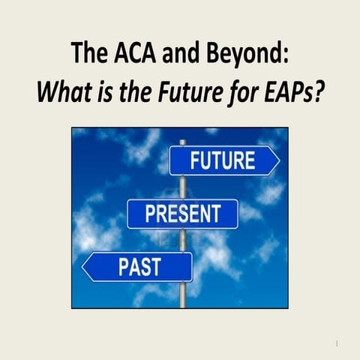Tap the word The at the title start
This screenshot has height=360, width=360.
pos(87,53)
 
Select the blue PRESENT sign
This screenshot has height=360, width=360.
pos(182,214)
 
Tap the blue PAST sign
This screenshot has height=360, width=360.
pos(138,267)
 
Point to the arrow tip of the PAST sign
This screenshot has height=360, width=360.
pos(85,267)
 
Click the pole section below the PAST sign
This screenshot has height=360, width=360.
pos(182,295)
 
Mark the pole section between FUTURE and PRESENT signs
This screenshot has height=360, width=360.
pos(182,187)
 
